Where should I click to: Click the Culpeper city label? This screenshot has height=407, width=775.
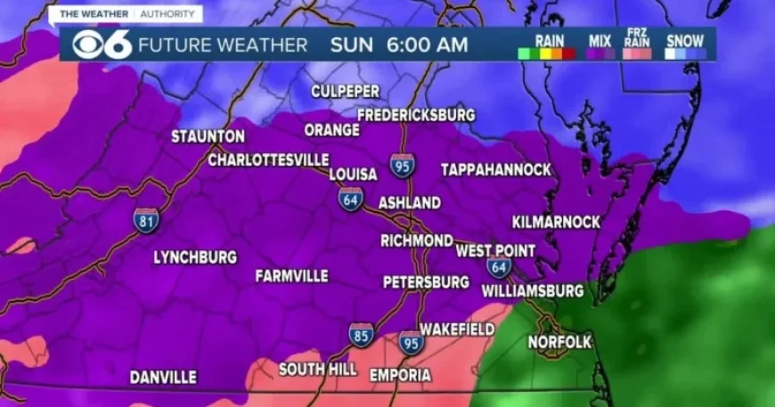345,92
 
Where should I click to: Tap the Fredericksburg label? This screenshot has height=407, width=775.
416,115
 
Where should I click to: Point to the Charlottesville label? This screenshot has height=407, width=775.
268,160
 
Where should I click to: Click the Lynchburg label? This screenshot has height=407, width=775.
195,257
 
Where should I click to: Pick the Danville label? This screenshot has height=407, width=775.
163,378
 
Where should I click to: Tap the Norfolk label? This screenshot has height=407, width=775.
559,342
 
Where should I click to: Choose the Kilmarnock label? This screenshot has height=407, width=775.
556,222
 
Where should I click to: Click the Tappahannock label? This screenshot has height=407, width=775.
496,169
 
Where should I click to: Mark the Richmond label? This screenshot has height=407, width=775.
416,240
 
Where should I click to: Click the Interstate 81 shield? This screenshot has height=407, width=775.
147,220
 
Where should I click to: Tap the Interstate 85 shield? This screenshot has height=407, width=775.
361,336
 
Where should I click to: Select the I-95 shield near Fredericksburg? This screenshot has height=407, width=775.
402,166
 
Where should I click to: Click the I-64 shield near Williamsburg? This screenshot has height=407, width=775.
499,266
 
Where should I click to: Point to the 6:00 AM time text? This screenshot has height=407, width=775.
427,45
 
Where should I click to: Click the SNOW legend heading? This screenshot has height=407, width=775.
684,40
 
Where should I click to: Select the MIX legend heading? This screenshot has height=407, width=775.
600,40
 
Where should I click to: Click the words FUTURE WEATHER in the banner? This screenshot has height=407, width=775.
223,45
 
